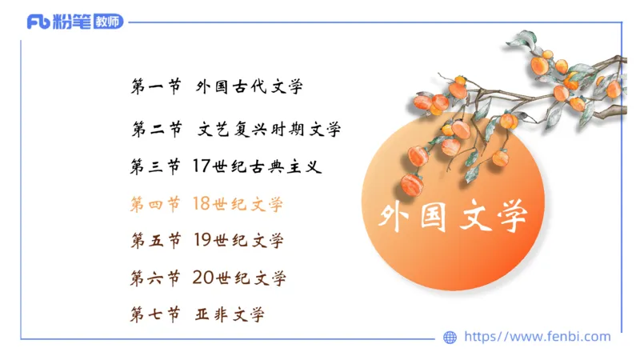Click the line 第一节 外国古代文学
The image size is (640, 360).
(x=216, y=87)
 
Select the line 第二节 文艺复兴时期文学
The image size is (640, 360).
(x=235, y=129)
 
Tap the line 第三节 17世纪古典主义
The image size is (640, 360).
(x=225, y=166)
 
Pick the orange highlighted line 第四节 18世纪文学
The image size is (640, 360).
(x=206, y=204)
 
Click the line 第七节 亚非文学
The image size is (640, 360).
(x=197, y=314)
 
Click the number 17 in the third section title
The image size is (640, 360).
(x=201, y=166)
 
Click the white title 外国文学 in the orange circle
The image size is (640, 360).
(x=453, y=216)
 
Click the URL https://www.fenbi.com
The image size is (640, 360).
(x=537, y=337)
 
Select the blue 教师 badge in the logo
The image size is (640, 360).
(x=108, y=22)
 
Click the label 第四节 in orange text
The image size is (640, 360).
(x=155, y=204)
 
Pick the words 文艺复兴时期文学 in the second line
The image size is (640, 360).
(x=269, y=129)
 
